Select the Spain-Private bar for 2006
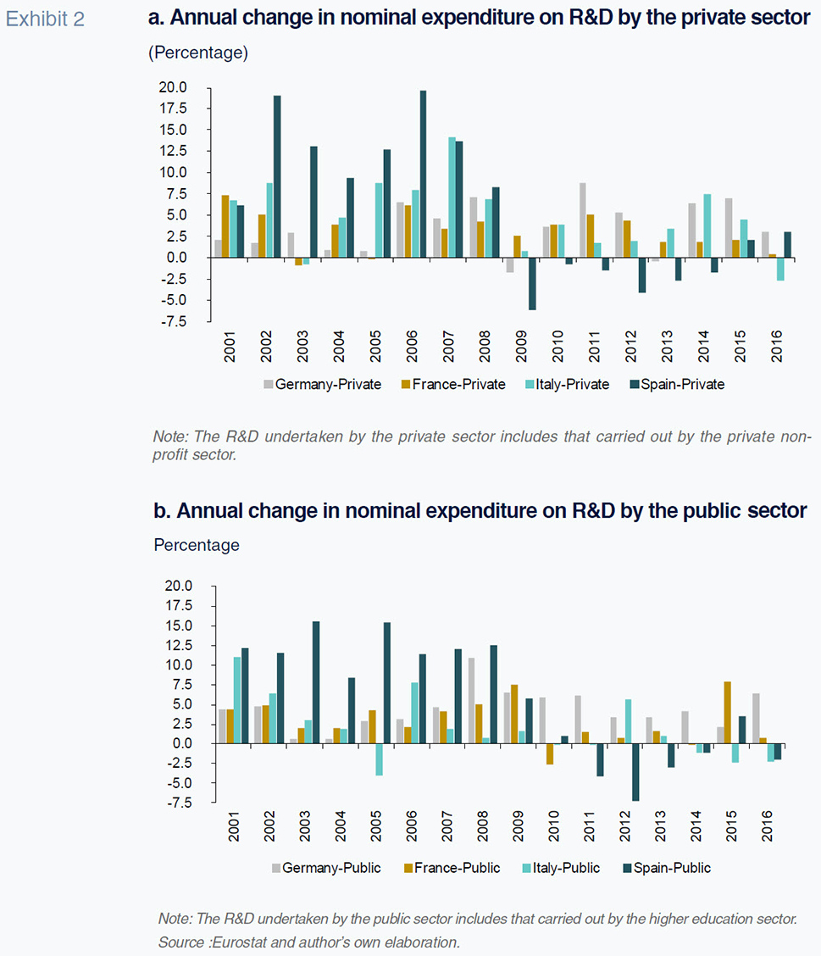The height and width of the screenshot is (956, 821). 423,174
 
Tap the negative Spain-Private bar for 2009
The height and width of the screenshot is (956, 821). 531,283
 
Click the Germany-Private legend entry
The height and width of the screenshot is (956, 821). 323,384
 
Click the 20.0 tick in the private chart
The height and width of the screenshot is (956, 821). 173,87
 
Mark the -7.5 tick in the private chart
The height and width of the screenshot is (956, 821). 173,321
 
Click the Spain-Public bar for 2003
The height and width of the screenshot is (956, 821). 315,682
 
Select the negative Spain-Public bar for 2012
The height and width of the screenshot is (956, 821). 635,772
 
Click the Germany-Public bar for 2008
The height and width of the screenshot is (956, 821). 470,700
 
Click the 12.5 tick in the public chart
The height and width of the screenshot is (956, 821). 179,645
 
